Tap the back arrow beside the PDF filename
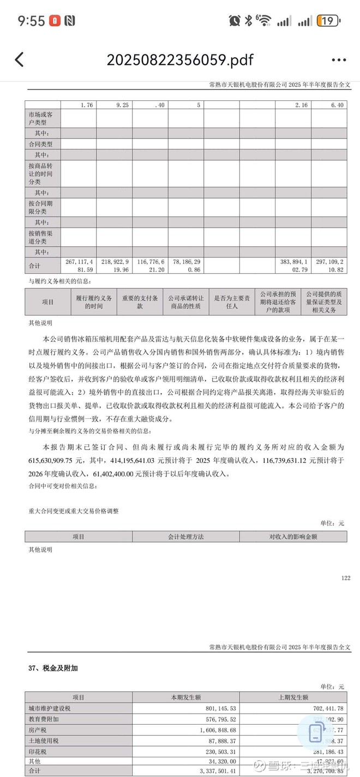click(20, 59)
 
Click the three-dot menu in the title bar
click(338, 60)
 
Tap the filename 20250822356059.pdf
click(180, 59)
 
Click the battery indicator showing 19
click(329, 21)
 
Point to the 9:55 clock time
click(31, 21)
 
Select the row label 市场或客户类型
click(42, 119)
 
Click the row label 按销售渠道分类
click(42, 237)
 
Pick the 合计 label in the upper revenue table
click(34, 266)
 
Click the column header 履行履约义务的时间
click(94, 302)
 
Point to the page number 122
click(345, 577)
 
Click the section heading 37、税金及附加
click(57, 667)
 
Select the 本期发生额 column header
click(186, 697)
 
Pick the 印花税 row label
click(37, 750)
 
